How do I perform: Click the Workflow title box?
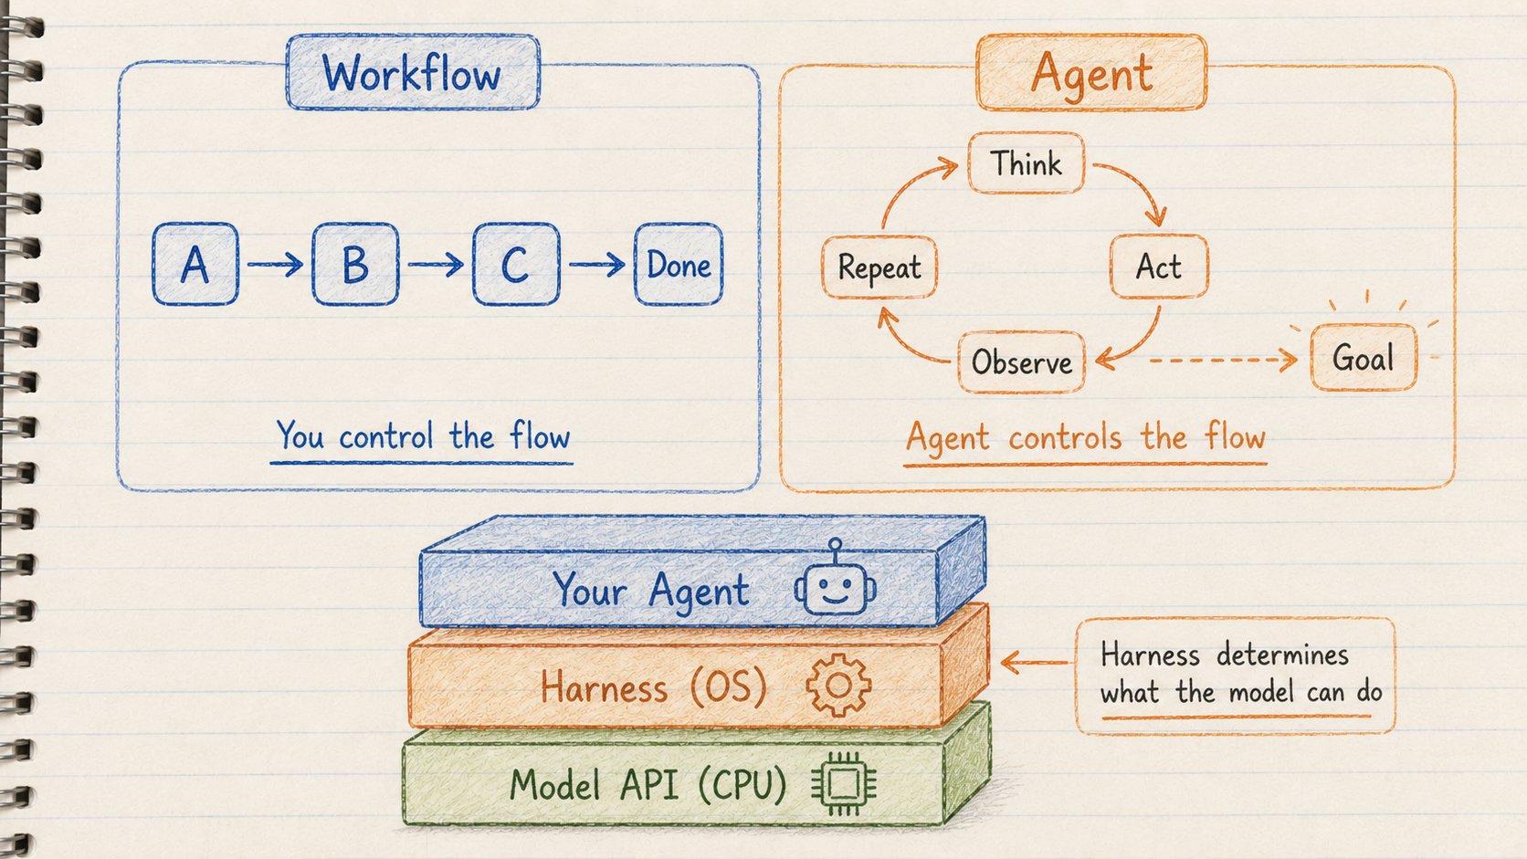[x=413, y=72]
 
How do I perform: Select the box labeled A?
[x=195, y=264]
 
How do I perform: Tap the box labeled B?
[x=355, y=264]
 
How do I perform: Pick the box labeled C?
[x=516, y=264]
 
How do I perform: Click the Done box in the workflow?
[x=679, y=264]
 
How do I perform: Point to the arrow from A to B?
[x=276, y=264]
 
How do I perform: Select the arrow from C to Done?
[x=597, y=264]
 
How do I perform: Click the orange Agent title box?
[x=1091, y=72]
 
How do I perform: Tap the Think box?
[x=1026, y=163]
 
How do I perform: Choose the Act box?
[x=1159, y=267]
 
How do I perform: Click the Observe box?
[x=1021, y=361]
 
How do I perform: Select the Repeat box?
[x=879, y=267]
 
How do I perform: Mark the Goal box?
[x=1364, y=358]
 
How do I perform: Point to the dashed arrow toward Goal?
[x=1224, y=360]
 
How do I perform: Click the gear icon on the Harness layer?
[x=838, y=686]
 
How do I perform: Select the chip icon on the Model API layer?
[x=844, y=784]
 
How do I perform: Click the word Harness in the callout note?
[x=1150, y=655]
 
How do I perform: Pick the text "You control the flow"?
[x=423, y=436]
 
